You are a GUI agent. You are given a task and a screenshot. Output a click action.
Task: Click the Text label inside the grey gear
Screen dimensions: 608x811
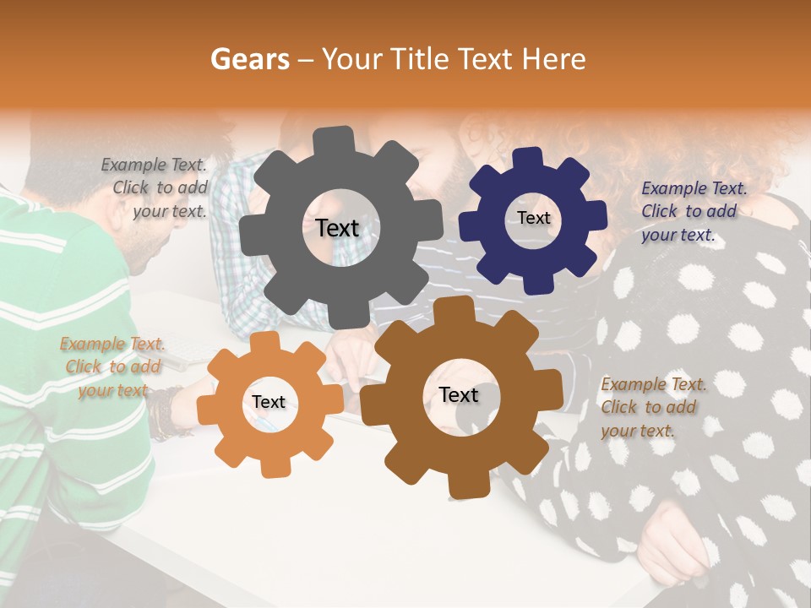coord(337,228)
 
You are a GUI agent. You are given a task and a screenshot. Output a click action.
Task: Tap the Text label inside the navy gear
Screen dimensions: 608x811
coord(534,218)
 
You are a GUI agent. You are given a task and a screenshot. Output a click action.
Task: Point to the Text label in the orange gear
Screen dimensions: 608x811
coord(269,403)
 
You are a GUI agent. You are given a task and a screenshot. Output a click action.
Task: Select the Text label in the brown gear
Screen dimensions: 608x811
coord(459,395)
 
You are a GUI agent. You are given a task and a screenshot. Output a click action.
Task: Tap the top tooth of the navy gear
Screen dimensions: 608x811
coord(527,157)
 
